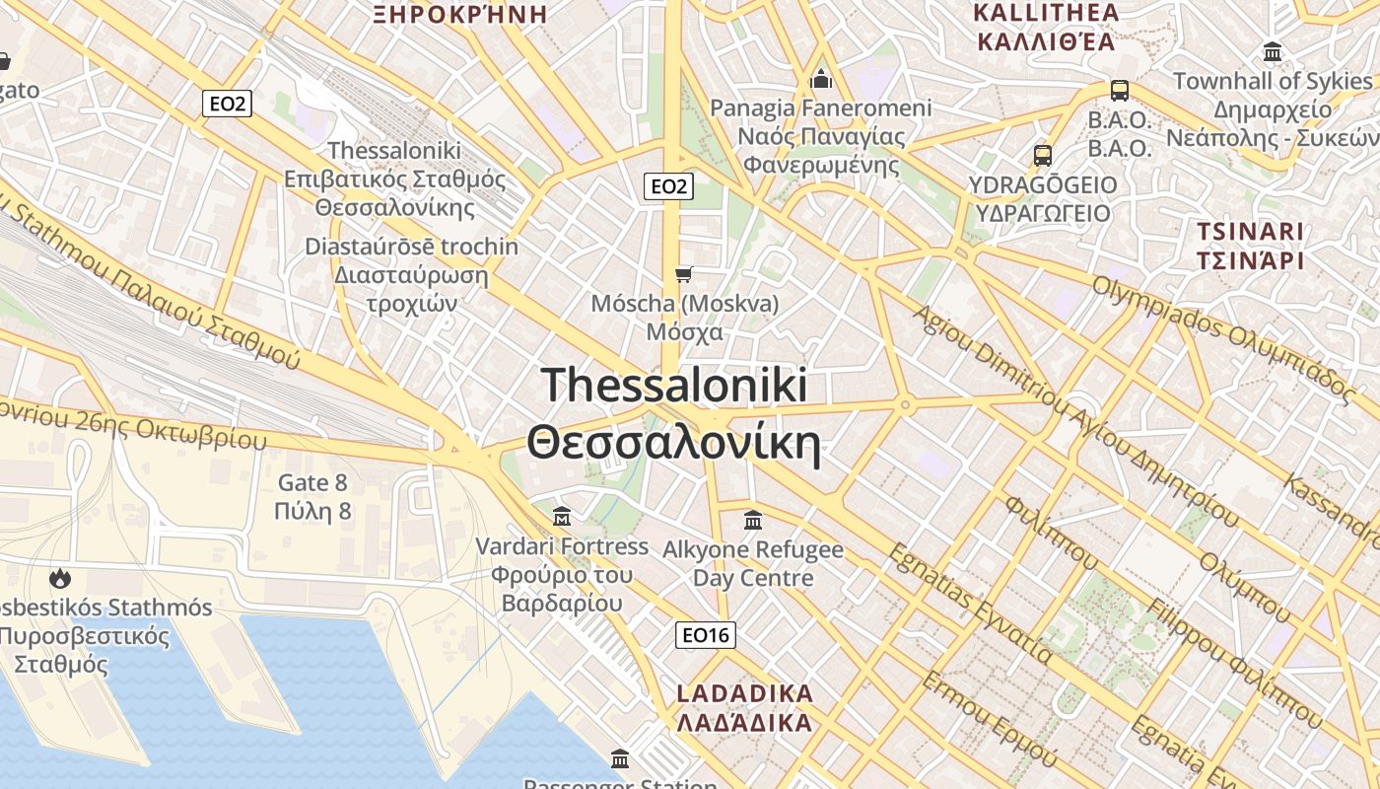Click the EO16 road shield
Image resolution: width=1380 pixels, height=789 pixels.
coord(707,635)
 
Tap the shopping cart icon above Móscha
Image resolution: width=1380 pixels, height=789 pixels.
coord(683,273)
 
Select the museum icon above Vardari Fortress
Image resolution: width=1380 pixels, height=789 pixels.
coord(562,516)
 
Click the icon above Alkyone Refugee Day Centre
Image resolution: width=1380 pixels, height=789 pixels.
coord(753,519)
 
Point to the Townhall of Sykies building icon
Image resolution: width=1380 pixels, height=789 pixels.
coord(1273,51)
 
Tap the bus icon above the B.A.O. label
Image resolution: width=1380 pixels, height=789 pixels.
coord(1120,91)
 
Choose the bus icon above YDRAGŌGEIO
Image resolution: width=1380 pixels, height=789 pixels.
coord(1043,155)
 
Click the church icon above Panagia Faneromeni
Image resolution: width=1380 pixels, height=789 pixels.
coord(821,79)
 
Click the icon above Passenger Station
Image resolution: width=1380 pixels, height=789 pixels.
coord(620,758)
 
